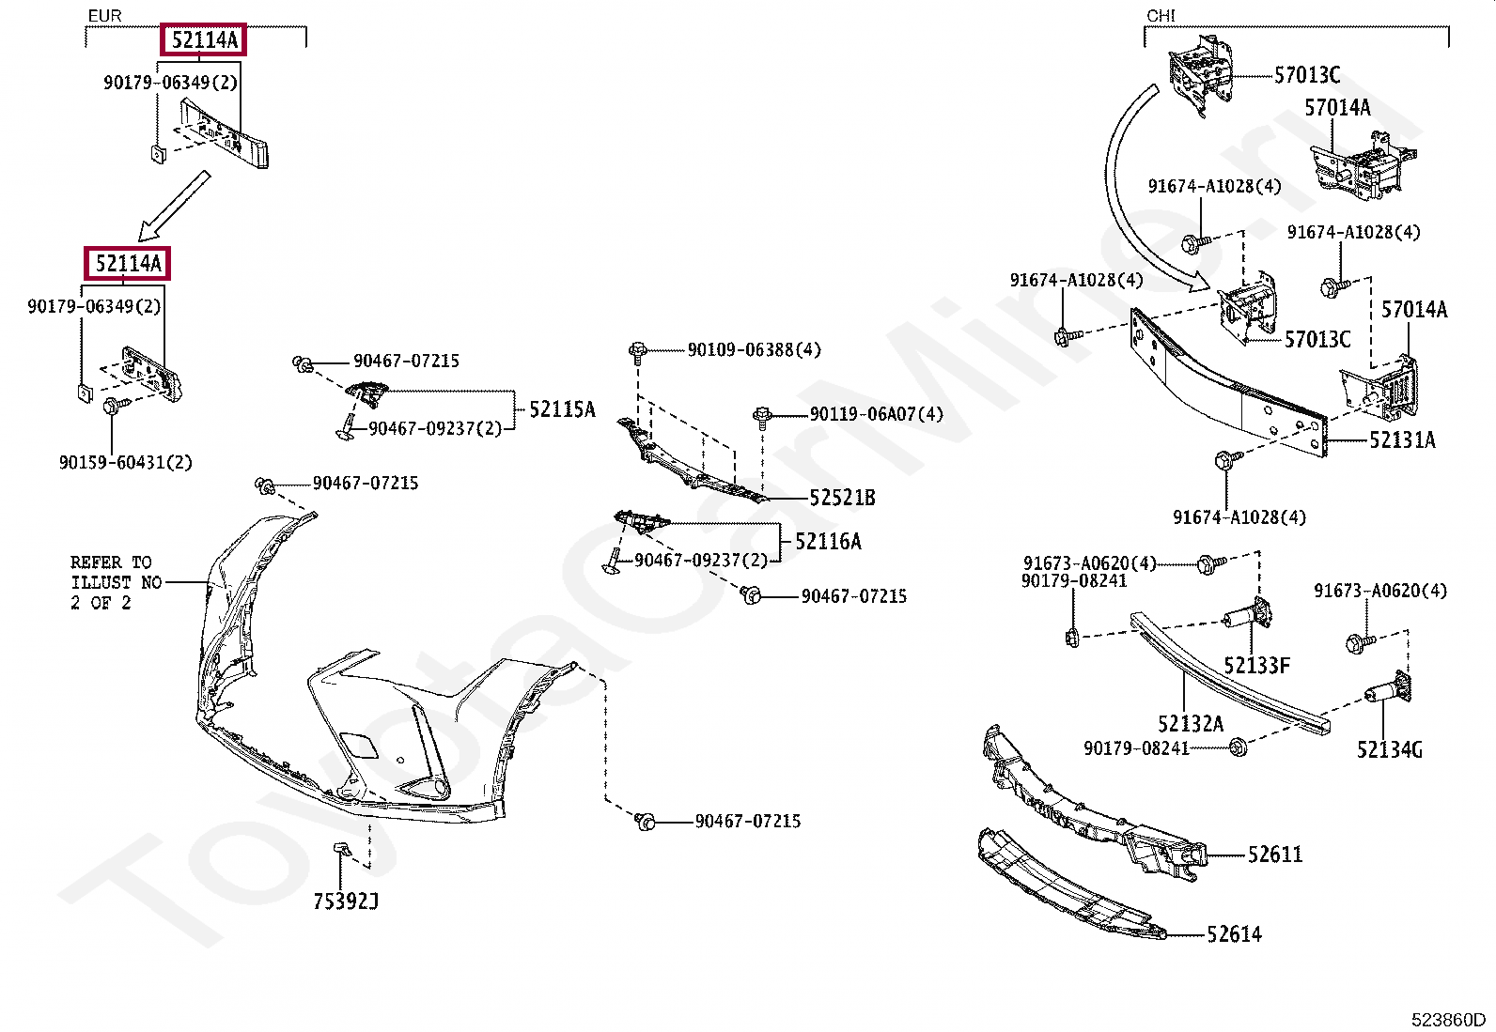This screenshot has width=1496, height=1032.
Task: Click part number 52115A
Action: point(561,409)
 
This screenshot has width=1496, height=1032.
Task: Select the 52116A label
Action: point(827,542)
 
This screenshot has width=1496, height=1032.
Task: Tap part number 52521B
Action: point(842,499)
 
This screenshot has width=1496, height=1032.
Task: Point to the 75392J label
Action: point(346,902)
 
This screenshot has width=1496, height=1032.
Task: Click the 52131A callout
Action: point(1401,440)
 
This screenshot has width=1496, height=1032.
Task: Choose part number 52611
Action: point(1274,855)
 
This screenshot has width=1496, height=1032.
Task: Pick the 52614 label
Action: point(1234,934)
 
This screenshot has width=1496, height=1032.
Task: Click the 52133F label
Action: point(1256,666)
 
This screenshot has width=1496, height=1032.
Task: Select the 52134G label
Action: point(1389,749)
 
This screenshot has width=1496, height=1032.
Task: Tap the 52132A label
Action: point(1190,724)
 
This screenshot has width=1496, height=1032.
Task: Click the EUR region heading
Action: point(104,16)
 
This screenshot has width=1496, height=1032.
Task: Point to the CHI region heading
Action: point(1161,16)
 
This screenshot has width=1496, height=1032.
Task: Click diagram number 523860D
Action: point(1447,1020)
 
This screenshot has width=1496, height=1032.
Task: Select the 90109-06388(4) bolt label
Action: point(754,350)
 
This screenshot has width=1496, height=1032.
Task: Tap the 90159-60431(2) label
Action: point(125,463)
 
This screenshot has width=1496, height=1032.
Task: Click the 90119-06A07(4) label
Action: point(876,414)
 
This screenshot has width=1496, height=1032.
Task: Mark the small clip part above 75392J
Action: point(343,851)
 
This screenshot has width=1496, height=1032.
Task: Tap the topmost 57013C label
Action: point(1306,75)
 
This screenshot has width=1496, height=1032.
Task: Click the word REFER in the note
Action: point(96,562)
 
